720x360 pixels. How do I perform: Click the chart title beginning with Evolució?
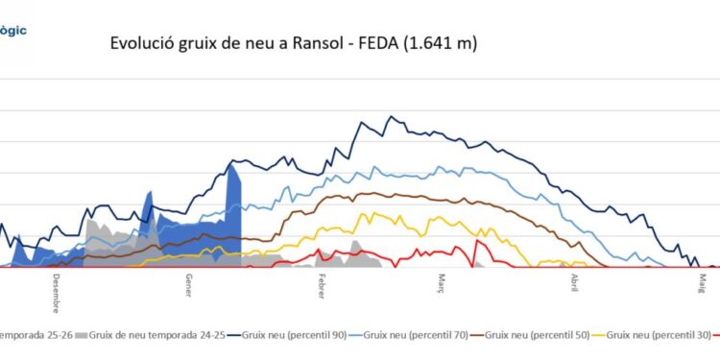[294, 43]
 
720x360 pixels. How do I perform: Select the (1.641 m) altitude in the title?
[441, 43]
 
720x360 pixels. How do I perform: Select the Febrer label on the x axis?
[322, 288]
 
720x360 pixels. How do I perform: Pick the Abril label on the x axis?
[575, 286]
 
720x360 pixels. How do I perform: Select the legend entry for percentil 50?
[534, 334]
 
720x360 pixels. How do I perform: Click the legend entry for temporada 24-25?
[158, 334]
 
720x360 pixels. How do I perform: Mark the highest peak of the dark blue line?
[391, 117]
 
